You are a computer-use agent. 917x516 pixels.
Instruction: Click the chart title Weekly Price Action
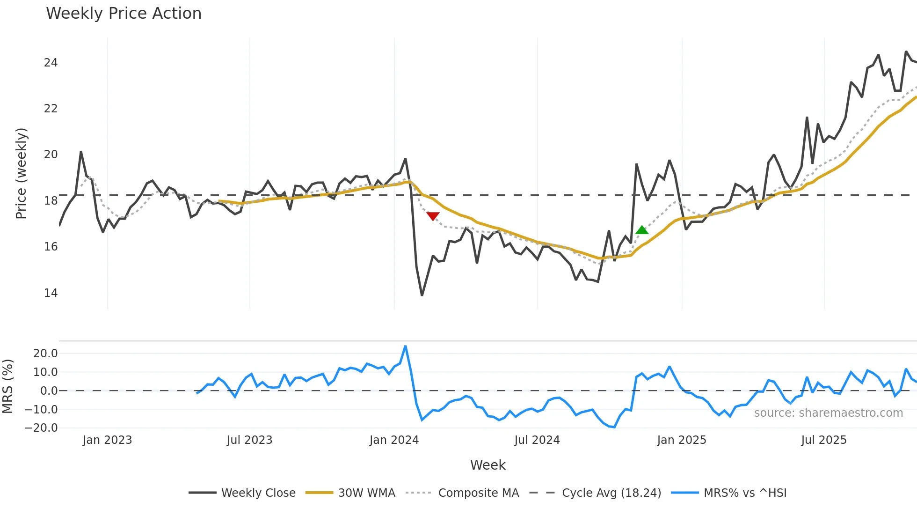[x=124, y=14]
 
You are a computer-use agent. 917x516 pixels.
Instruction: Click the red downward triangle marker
[x=433, y=216]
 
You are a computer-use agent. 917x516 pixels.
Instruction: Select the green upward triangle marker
[x=642, y=230]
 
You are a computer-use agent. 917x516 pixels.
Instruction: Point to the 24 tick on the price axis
[x=51, y=63]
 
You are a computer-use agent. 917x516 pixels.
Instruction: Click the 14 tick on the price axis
[x=51, y=293]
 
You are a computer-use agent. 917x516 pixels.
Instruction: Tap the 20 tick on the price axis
[x=51, y=155]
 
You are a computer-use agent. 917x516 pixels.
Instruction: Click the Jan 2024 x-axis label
[x=394, y=440]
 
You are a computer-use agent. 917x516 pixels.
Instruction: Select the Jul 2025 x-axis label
[x=823, y=440]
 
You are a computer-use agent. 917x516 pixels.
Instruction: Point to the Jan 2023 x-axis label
[x=107, y=440]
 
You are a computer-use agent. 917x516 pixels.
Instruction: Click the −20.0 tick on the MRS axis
[x=41, y=428]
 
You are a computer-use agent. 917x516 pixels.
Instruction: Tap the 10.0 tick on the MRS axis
[x=45, y=372]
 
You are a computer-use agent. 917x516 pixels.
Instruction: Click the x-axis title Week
[x=488, y=465]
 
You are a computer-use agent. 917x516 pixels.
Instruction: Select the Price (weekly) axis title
[x=22, y=173]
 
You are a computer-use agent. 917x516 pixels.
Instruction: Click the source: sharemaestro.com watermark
[x=828, y=413]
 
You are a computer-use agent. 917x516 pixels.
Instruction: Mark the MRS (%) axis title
[x=7, y=386]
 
